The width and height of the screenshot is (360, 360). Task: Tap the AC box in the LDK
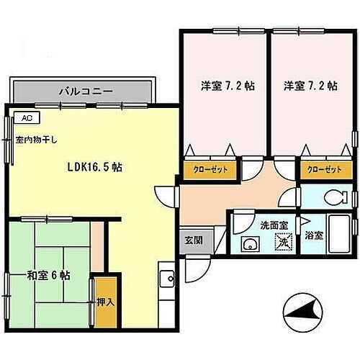(27, 118)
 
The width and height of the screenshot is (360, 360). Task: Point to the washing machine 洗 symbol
(283, 243)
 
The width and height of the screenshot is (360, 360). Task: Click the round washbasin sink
(251, 243)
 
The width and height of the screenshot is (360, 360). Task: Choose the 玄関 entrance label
(194, 240)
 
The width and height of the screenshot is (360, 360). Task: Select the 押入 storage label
(105, 302)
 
